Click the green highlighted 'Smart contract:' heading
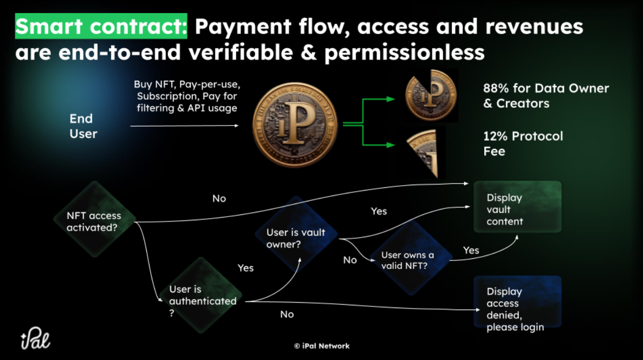[x=101, y=26]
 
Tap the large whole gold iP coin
[x=295, y=125]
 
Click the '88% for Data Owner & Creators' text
[x=545, y=95]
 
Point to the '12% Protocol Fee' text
[x=523, y=143]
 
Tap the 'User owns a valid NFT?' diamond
[x=407, y=259]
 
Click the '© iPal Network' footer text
[x=322, y=346]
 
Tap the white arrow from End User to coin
[x=184, y=126]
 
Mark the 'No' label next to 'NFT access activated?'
[x=219, y=198]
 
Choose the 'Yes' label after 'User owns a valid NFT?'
[x=471, y=250]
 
